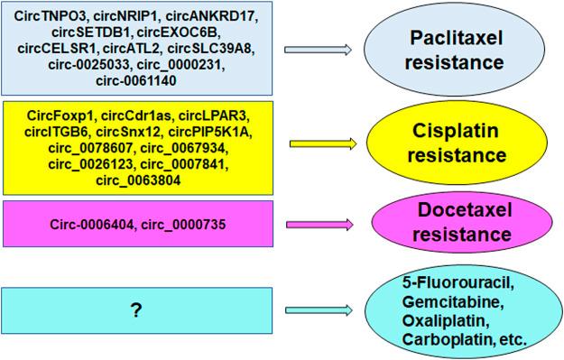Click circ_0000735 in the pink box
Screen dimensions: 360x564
point(184,223)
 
